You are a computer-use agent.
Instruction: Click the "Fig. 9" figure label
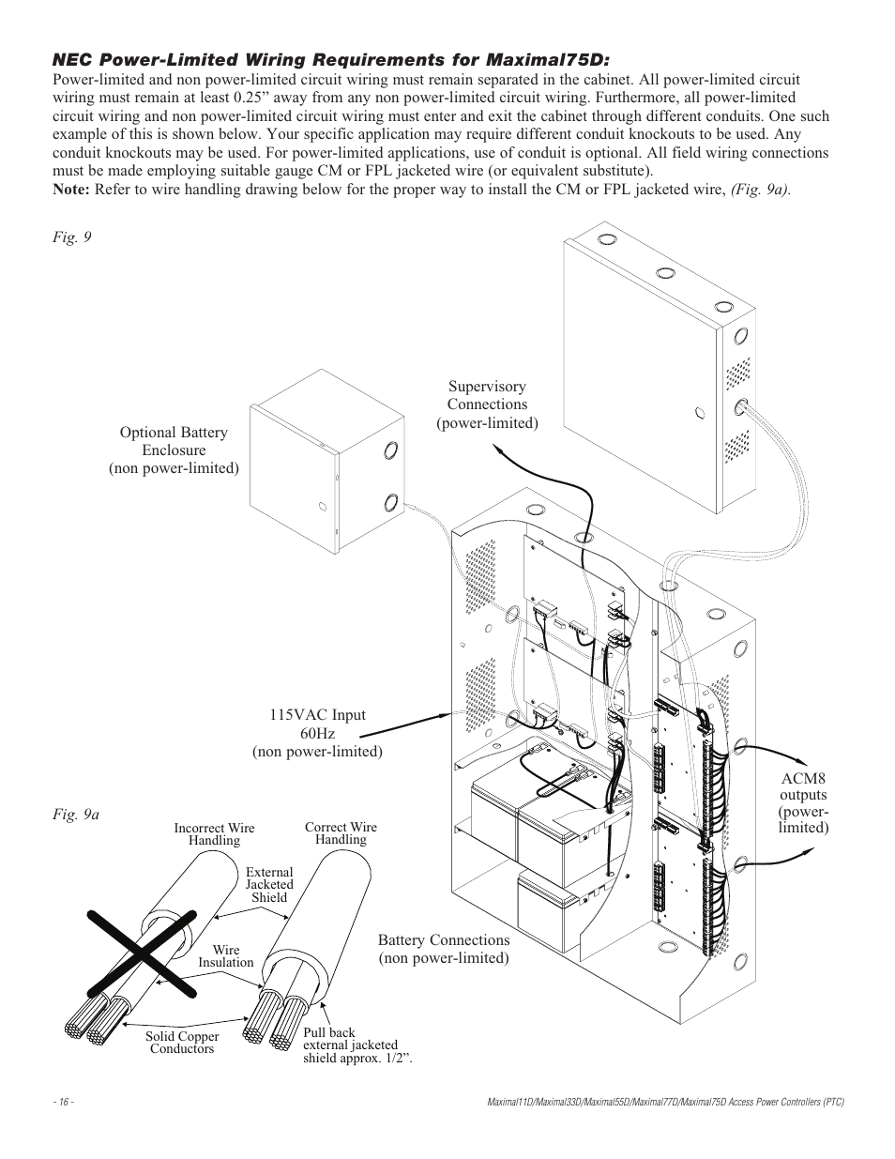71,237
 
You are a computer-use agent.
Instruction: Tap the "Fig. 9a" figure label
75,815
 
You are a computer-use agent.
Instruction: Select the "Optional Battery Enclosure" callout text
174,450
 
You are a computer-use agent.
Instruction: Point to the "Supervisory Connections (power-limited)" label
487,404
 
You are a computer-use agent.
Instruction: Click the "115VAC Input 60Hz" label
317,733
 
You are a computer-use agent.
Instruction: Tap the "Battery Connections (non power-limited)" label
444,949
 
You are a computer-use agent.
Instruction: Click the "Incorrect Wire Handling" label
214,834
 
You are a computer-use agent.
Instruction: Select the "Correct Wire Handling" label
341,833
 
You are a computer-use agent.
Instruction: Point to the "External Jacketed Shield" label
269,885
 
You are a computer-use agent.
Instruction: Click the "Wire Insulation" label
225,956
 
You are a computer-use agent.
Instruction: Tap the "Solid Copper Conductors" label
182,1043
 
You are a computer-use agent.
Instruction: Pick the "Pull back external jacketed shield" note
356,1045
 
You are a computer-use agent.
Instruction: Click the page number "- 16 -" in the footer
65,1102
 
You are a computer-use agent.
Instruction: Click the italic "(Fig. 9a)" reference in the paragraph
760,190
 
